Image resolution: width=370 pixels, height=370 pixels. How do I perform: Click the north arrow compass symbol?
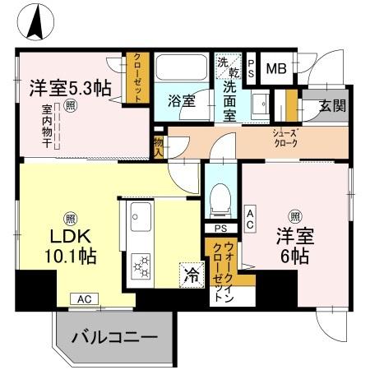(35, 21)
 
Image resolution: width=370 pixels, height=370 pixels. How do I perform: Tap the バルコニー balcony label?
(113, 336)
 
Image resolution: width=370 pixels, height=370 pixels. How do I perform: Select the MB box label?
(276, 68)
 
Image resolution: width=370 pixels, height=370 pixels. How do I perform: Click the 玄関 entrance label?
(332, 106)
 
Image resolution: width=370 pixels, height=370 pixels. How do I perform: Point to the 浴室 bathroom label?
(182, 101)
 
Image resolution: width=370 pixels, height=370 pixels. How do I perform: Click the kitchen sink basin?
(137, 219)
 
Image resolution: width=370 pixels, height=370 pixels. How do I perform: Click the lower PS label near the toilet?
(220, 229)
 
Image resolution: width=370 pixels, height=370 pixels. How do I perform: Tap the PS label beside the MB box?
(251, 68)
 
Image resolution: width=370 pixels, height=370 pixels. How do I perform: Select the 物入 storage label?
(158, 146)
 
